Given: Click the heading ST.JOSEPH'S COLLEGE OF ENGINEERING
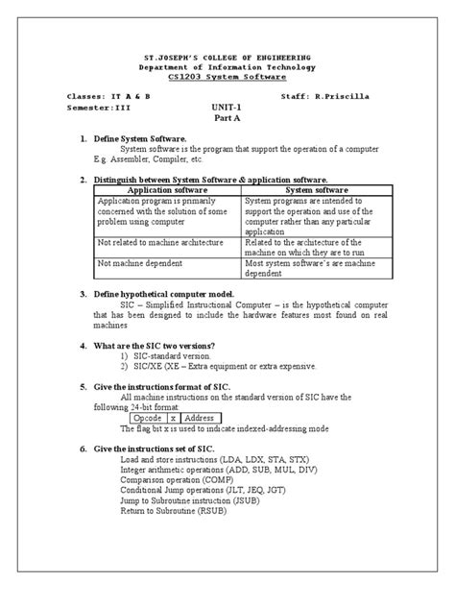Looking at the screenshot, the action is pos(227,60).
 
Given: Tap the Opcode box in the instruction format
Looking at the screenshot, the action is pos(148,419).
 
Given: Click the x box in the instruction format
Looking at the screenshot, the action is pos(173,419).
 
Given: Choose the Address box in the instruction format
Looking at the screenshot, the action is pos(201,419).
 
